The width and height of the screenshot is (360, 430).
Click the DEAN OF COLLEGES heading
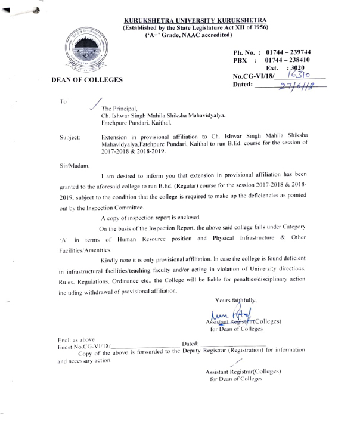point(87,79)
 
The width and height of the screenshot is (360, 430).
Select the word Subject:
point(70,137)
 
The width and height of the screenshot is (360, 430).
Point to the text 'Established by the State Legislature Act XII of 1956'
point(195,27)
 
